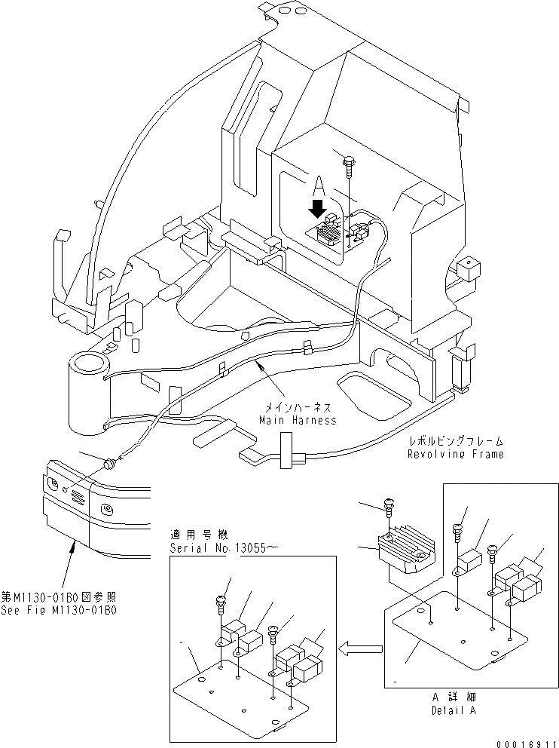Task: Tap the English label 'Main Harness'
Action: click(x=297, y=420)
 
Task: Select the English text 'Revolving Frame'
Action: click(x=455, y=454)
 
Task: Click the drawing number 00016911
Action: click(x=525, y=742)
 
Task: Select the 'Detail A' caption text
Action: click(x=454, y=710)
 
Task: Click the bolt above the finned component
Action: click(x=389, y=509)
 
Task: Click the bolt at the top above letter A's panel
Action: click(x=350, y=161)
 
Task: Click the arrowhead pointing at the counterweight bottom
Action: click(x=72, y=546)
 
